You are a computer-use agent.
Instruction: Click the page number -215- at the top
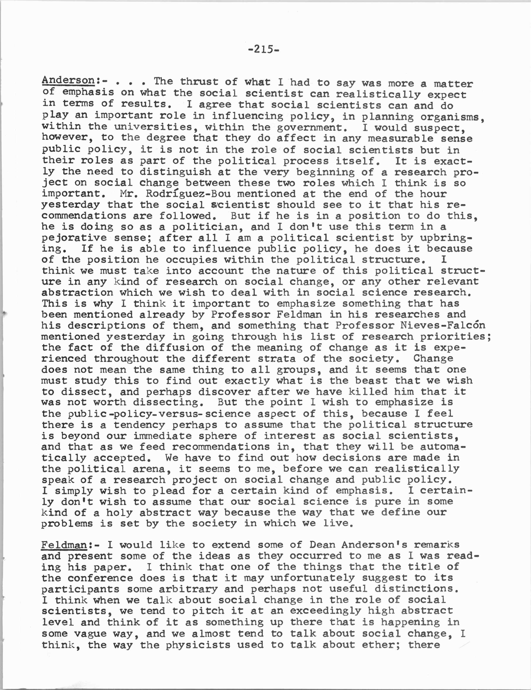coord(264,50)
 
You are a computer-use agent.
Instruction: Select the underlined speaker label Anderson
coord(68,81)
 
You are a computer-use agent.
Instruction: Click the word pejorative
coord(74,238)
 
